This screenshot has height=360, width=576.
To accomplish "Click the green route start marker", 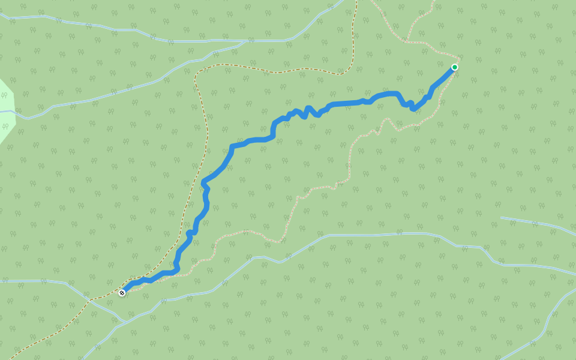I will [x=455, y=67].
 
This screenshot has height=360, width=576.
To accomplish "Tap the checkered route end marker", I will [x=122, y=293].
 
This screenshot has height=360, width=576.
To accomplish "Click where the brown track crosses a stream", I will [x=90, y=299].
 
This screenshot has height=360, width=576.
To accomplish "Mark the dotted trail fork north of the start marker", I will [x=407, y=42].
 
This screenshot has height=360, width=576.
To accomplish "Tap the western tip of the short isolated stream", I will [x=501, y=218].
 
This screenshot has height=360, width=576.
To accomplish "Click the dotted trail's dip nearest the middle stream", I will [x=279, y=241].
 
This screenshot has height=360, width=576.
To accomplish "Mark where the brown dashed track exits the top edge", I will [x=356, y=2].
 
